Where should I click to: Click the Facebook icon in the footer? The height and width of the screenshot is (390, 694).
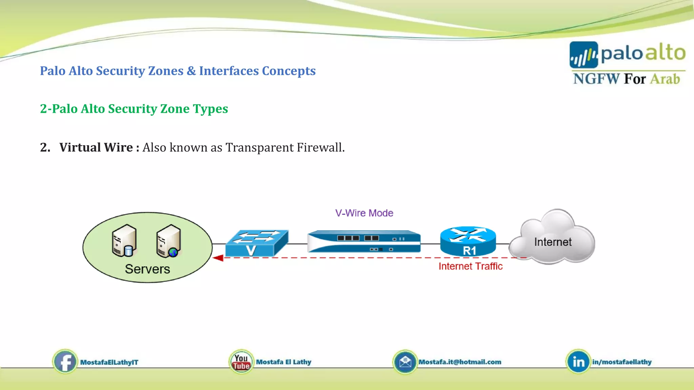pos(65,362)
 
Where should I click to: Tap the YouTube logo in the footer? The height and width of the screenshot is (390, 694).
pos(241,362)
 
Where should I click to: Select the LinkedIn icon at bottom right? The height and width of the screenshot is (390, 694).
pos(578,362)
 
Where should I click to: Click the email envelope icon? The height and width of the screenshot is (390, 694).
pos(405,362)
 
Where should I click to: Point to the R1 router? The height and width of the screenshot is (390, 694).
pos(468,241)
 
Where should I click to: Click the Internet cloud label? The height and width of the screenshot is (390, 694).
pos(553,242)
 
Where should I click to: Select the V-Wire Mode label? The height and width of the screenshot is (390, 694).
pos(364,213)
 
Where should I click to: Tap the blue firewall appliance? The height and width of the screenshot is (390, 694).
pos(364,241)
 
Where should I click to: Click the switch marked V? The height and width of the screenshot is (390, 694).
pos(257,243)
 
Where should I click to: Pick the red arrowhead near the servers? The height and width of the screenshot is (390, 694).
pos(218,258)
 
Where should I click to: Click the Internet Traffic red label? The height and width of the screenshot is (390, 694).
pos(470,266)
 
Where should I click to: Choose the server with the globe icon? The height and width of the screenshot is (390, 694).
pos(169,241)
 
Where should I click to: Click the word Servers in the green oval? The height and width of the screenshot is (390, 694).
pos(147,269)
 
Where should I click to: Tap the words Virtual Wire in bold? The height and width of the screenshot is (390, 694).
pos(96,147)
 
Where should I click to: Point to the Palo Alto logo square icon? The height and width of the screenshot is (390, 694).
pos(584,55)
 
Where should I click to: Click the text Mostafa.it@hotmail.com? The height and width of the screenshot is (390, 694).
pos(460,362)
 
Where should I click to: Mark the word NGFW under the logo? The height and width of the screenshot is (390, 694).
pos(596,79)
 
